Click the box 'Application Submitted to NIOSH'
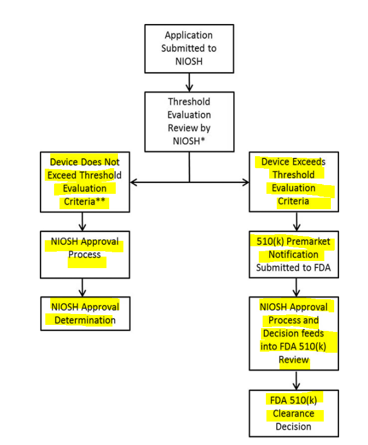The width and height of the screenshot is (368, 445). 189,49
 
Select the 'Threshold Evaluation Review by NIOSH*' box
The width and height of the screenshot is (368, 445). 189,121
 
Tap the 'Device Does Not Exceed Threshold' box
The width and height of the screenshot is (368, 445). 85,182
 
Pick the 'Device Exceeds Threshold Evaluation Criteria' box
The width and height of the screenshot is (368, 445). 294,182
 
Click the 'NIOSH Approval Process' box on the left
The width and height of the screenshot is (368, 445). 85,254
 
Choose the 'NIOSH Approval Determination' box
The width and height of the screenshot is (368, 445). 85,313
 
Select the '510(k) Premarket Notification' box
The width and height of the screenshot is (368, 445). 294,254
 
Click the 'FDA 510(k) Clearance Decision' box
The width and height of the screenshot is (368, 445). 294,413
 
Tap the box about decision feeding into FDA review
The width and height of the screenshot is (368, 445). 294,333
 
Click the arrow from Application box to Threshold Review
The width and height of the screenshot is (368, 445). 189,82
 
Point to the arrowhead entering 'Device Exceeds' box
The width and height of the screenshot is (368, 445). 245,182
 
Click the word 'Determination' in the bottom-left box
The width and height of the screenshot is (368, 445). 85,320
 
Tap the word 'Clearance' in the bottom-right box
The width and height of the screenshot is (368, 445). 294,414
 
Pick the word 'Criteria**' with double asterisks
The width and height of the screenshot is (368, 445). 85,201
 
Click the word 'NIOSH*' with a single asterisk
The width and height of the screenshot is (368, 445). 189,141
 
